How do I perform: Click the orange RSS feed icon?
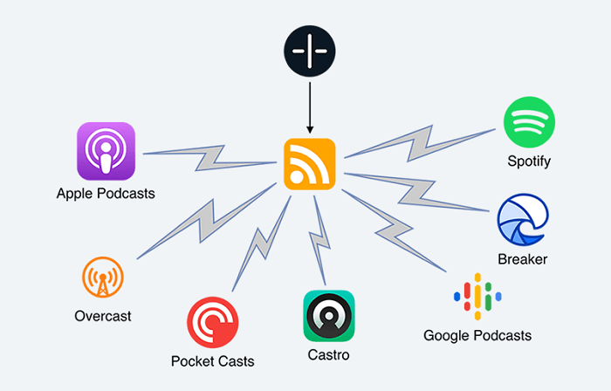pyautogui.click(x=309, y=163)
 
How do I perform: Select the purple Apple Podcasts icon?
pyautogui.click(x=106, y=151)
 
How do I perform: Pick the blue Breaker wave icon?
pyautogui.click(x=522, y=220)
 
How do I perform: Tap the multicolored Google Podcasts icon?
pyautogui.click(x=476, y=297)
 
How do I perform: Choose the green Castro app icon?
pyautogui.click(x=329, y=315)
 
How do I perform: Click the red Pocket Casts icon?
pyautogui.click(x=212, y=322)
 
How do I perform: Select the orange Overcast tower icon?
pyautogui.click(x=101, y=280)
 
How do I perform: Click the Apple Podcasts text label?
pyautogui.click(x=106, y=194)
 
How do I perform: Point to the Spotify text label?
pyautogui.click(x=529, y=161)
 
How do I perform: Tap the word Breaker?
pyautogui.click(x=522, y=259)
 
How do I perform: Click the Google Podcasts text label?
pyautogui.click(x=477, y=335)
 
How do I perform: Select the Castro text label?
pyautogui.click(x=329, y=355)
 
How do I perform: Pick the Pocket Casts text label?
pyautogui.click(x=213, y=360)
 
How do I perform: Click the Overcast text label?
pyautogui.click(x=102, y=316)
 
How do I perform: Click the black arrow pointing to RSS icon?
pyautogui.click(x=309, y=105)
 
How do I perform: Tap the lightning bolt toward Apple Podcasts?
pyautogui.click(x=209, y=158)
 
